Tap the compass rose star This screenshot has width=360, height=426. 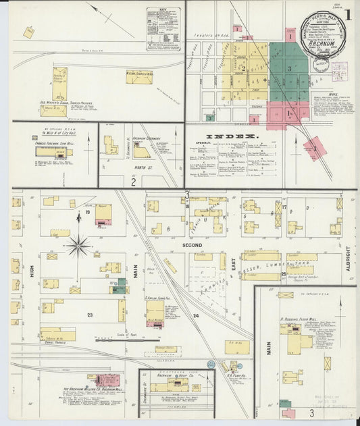coord(78,246)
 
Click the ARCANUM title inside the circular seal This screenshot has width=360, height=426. coord(322,38)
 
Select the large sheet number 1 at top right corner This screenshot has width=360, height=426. coord(349,14)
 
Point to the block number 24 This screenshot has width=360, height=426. coord(196,316)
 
